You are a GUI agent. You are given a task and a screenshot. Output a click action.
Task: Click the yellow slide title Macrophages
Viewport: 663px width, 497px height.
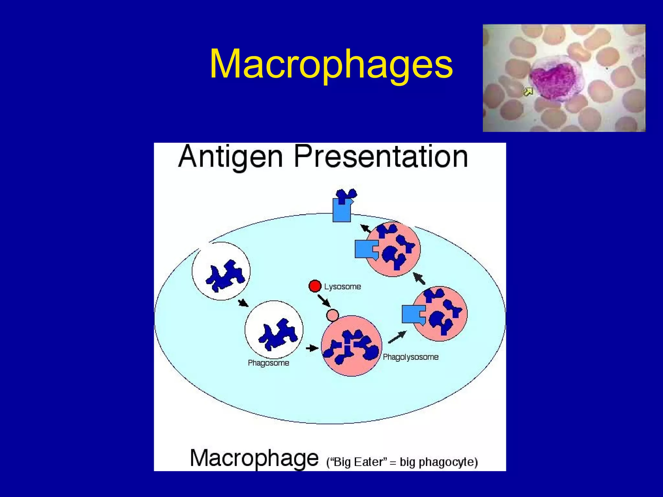coord(331,64)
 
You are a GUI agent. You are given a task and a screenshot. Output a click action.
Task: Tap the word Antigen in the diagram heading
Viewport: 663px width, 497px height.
coord(230,158)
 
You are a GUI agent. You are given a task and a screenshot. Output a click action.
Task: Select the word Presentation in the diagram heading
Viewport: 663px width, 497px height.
coord(381,157)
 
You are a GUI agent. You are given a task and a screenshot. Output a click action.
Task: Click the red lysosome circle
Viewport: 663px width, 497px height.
coord(315,286)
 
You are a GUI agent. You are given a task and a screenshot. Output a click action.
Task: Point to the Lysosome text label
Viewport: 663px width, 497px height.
coord(343,287)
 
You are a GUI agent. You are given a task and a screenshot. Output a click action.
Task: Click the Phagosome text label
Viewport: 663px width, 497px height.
coord(268,363)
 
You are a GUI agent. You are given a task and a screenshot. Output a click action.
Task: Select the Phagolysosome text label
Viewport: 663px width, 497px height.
coord(410,357)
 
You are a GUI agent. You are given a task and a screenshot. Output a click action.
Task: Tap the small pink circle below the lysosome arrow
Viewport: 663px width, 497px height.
coord(332,315)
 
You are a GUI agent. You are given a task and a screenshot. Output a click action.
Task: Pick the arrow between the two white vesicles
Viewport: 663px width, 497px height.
coord(243,303)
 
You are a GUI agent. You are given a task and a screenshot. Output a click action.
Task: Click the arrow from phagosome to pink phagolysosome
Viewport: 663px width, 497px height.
coord(312,348)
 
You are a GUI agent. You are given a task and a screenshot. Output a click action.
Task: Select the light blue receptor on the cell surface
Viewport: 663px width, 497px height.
coord(342,211)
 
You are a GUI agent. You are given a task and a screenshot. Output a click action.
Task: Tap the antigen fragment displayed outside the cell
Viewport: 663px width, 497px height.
coord(347,195)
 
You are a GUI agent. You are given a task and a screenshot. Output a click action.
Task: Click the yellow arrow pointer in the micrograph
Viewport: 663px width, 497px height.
coord(528,92)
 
